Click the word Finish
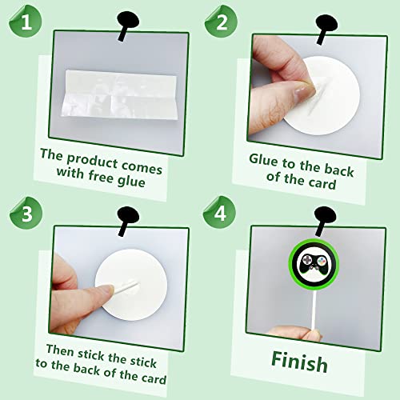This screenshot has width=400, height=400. pyautogui.click(x=298, y=362)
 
